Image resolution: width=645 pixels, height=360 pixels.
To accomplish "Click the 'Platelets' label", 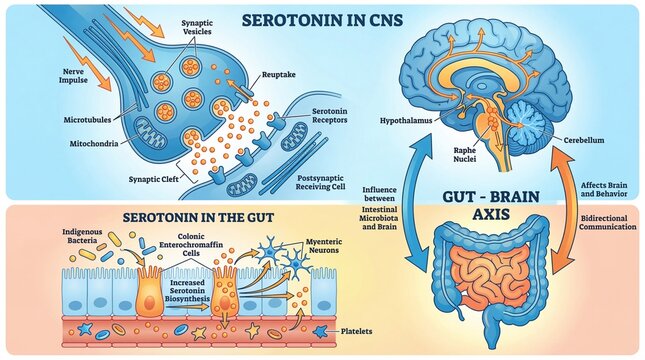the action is (x=357, y=329).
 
